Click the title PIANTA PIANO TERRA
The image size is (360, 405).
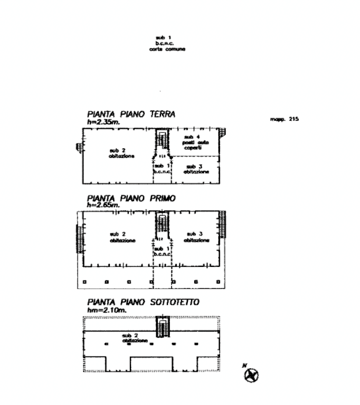coord(131,114)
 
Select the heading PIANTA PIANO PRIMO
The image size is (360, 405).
coord(132,198)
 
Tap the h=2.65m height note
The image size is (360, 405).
coord(100,205)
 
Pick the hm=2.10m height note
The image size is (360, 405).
coord(102,310)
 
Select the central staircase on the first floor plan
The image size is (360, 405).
coord(162,226)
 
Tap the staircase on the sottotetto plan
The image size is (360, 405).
coord(162,327)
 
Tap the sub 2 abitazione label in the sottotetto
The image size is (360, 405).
coord(129,335)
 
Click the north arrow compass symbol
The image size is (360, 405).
coord(251,375)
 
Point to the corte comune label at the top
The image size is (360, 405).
coord(168,45)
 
